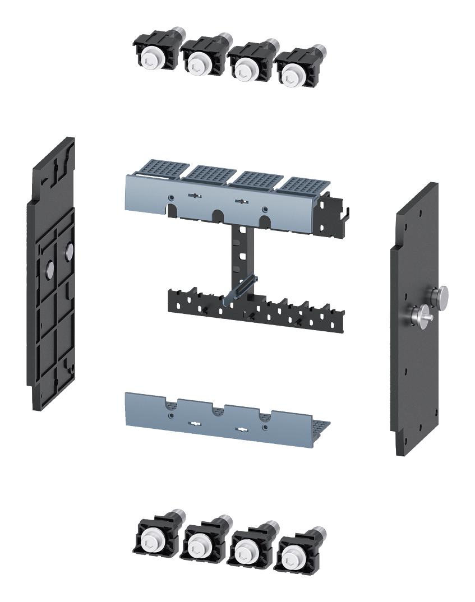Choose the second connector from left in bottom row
tap(202, 543)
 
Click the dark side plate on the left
tap(51, 280)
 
